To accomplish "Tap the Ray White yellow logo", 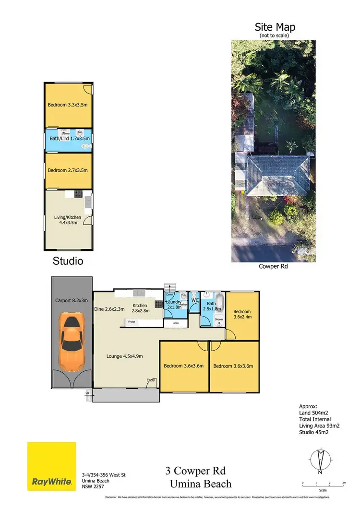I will coord(52,465).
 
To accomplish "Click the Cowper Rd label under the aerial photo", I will coord(272,266).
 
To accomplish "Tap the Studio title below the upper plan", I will coord(68,261).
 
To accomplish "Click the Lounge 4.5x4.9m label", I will coord(125,356).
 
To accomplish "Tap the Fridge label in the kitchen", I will coord(132,321).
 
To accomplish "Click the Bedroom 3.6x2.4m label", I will coord(242,314).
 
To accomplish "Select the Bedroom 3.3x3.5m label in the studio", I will coord(68,105).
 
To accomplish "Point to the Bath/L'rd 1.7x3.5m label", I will coord(68,139).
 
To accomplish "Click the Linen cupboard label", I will coord(176,324).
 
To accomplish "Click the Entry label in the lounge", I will coord(151,380).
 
